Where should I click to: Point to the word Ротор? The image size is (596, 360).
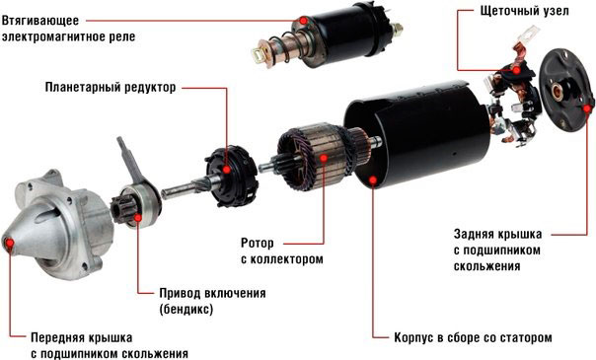tap(259, 242)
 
